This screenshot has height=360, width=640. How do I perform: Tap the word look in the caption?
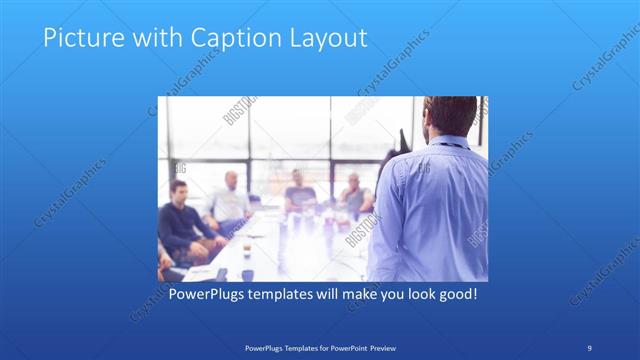(x=410, y=295)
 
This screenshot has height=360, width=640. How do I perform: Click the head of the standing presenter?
(x=447, y=117)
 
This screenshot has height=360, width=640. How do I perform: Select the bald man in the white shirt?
(x=231, y=200)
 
